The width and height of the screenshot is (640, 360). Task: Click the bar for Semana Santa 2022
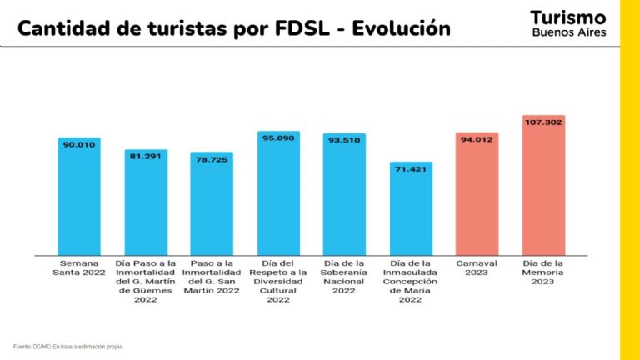click(x=79, y=200)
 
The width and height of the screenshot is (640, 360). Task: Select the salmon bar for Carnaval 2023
click(x=477, y=200)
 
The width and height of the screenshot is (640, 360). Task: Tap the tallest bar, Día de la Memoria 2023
click(x=543, y=192)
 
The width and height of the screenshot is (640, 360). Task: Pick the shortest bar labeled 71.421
click(x=411, y=212)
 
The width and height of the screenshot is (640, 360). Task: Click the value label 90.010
click(x=79, y=144)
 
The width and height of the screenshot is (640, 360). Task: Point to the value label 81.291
click(x=146, y=155)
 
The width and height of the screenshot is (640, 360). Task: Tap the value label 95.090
click(x=278, y=138)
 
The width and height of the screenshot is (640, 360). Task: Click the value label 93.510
click(x=344, y=140)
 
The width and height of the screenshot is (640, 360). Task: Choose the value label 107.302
click(x=543, y=122)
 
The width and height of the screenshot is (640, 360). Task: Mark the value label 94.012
click(x=477, y=139)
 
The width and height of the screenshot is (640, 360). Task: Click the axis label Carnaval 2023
click(x=477, y=267)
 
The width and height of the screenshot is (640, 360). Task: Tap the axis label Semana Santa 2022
click(x=79, y=267)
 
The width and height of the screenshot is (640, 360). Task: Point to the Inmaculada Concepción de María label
click(x=411, y=281)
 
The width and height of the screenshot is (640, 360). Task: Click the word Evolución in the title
click(x=401, y=29)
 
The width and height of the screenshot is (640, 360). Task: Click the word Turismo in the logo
click(x=568, y=17)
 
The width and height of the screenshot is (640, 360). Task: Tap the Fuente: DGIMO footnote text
click(x=68, y=346)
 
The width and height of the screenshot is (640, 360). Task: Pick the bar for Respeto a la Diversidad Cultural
click(x=278, y=196)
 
